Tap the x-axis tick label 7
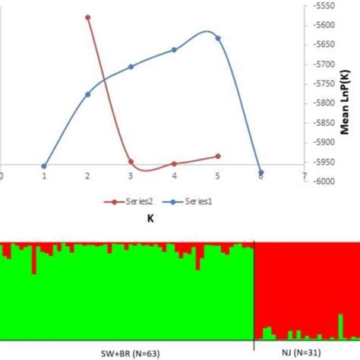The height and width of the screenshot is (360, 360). click(x=305, y=175)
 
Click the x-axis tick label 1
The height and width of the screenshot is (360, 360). click(x=44, y=175)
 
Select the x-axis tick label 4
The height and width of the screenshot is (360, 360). click(x=175, y=175)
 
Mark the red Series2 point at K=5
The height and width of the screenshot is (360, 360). click(x=218, y=156)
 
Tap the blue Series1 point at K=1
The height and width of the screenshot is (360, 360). click(x=44, y=166)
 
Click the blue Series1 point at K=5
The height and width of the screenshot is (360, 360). click(x=218, y=38)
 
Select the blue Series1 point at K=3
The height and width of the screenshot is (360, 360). click(x=131, y=67)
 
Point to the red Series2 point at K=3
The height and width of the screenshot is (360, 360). click(x=131, y=162)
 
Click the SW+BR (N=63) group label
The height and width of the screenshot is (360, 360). click(x=128, y=352)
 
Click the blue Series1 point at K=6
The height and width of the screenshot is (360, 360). click(x=261, y=172)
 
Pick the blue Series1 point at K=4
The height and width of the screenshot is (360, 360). click(x=175, y=49)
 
